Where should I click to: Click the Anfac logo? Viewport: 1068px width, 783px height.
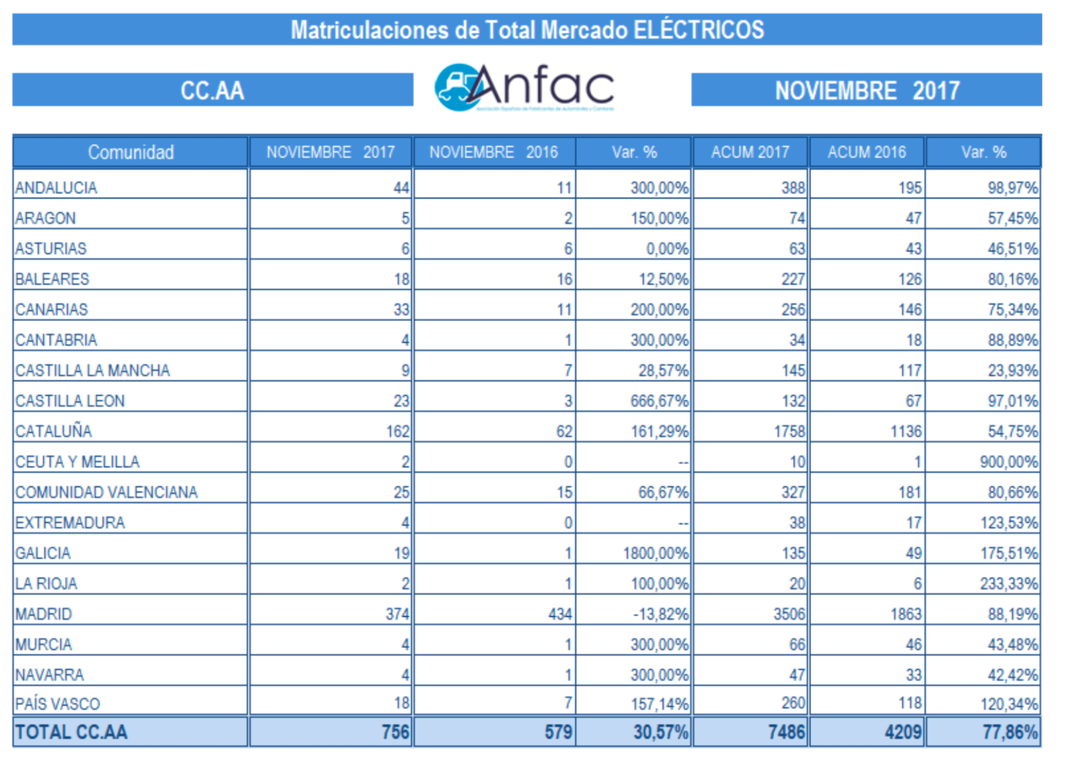524,87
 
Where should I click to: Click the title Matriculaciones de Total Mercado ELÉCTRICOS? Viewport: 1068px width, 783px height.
527,30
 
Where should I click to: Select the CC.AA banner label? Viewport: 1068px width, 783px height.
212,90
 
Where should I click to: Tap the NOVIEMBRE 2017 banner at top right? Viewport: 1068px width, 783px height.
867,90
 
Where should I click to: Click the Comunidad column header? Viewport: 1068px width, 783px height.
130,152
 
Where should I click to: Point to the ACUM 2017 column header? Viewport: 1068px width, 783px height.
751,152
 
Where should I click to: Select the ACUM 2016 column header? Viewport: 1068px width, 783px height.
867,152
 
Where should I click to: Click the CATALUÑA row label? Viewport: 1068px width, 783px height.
54,431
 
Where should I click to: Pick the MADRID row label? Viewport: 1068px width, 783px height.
43,614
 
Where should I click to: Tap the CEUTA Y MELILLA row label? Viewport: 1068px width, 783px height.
77,462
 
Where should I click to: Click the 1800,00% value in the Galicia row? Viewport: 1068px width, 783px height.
656,553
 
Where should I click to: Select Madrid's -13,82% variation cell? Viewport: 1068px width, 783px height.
660,614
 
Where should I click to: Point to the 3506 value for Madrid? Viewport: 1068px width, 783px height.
790,614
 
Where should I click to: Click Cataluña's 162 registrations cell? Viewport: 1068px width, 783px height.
397,431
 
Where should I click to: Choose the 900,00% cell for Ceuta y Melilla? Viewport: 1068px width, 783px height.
1009,462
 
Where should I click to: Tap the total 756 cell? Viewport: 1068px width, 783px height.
395,732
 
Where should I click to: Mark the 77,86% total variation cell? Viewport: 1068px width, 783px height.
1010,732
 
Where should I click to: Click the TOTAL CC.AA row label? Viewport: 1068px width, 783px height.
72,732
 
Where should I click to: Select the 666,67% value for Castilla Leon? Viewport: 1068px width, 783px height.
659,401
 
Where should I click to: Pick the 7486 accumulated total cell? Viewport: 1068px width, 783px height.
786,732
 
